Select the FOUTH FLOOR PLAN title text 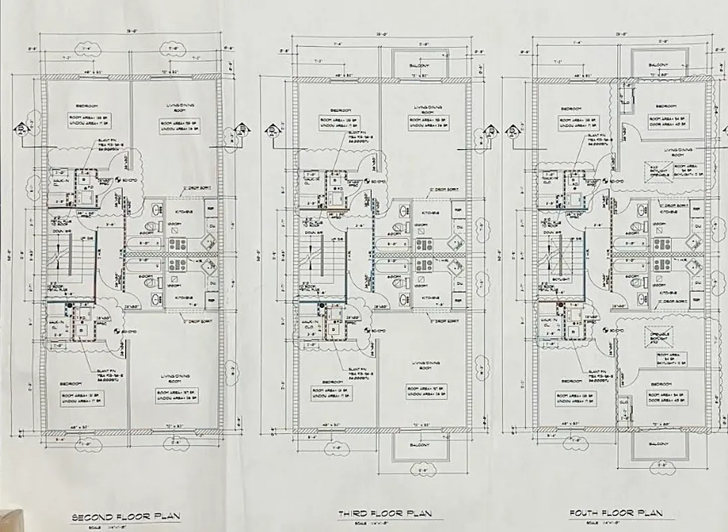616,513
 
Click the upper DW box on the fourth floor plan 697,227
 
